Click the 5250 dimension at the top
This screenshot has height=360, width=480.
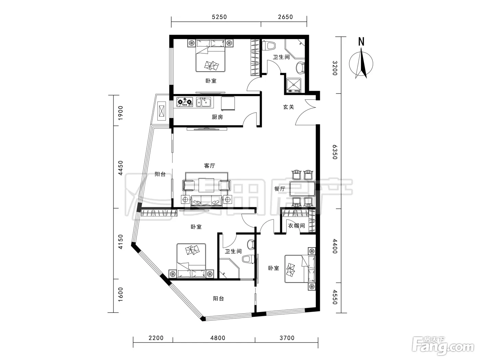coord(219,17)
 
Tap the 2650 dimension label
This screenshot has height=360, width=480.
coord(285,17)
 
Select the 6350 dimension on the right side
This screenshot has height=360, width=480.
coord(335,152)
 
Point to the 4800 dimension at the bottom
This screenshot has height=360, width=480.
coord(218,338)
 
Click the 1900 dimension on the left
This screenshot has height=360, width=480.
coord(120,113)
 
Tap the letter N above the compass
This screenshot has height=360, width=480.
coord(361,41)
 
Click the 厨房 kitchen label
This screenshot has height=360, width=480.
coord(217,117)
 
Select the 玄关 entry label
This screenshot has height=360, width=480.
coord(288,107)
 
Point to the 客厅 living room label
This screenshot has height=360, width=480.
coord(209,166)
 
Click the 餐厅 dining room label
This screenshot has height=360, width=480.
coord(280,189)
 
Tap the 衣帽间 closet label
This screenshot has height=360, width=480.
coord(296,226)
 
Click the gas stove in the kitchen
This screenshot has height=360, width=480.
coord(185,102)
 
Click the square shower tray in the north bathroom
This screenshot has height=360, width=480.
coord(294,85)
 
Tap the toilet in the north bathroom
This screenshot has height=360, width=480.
coord(269,46)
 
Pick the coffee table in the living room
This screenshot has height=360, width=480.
coord(206,185)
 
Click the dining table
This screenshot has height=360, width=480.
coord(302,189)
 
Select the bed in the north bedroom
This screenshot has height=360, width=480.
coord(211,56)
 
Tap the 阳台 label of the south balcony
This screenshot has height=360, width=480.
coord(218,299)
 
